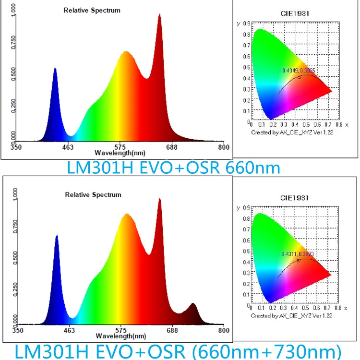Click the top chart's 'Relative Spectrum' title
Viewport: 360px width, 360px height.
point(92,11)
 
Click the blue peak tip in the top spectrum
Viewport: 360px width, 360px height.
point(55,69)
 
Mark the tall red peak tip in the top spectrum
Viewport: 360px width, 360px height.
point(159,15)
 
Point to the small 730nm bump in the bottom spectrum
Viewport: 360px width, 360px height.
point(193,304)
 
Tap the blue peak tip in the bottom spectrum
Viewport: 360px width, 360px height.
point(57,236)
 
